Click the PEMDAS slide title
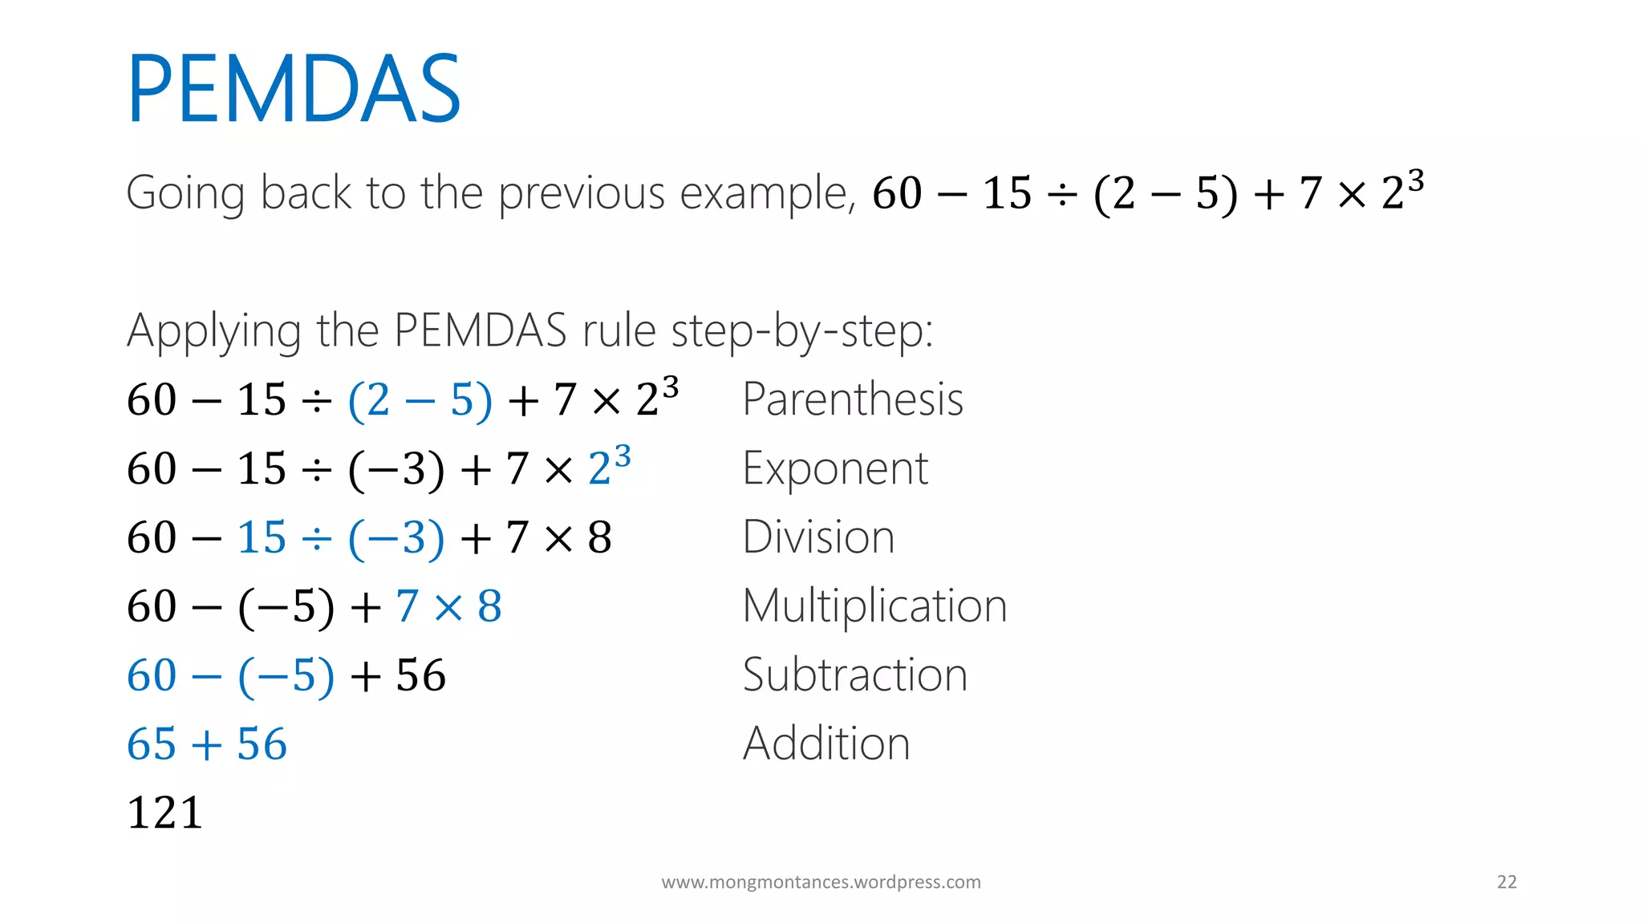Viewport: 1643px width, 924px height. coord(294,88)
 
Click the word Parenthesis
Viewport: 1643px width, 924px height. coord(853,399)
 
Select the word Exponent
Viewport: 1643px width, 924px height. coord(835,468)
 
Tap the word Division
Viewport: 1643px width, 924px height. coord(818,537)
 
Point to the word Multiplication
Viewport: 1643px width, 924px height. coord(874,606)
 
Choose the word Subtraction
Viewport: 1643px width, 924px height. coord(855,675)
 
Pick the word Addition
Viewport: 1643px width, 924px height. coord(826,744)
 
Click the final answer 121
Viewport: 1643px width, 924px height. coord(164,813)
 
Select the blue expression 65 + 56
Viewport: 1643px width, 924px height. coord(207,744)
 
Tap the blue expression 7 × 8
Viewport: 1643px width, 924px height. coord(448,606)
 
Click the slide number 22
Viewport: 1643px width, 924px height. coord(1507,882)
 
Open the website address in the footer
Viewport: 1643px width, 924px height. coord(821,882)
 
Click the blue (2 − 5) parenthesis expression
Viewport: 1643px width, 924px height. coord(420,399)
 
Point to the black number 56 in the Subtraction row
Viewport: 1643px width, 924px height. coord(420,675)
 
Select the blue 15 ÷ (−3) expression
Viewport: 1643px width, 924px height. coord(341,537)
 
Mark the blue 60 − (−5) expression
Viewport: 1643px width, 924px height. coord(230,675)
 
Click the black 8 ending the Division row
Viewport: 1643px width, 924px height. coord(599,537)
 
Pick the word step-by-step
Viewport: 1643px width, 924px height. coord(801,330)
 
